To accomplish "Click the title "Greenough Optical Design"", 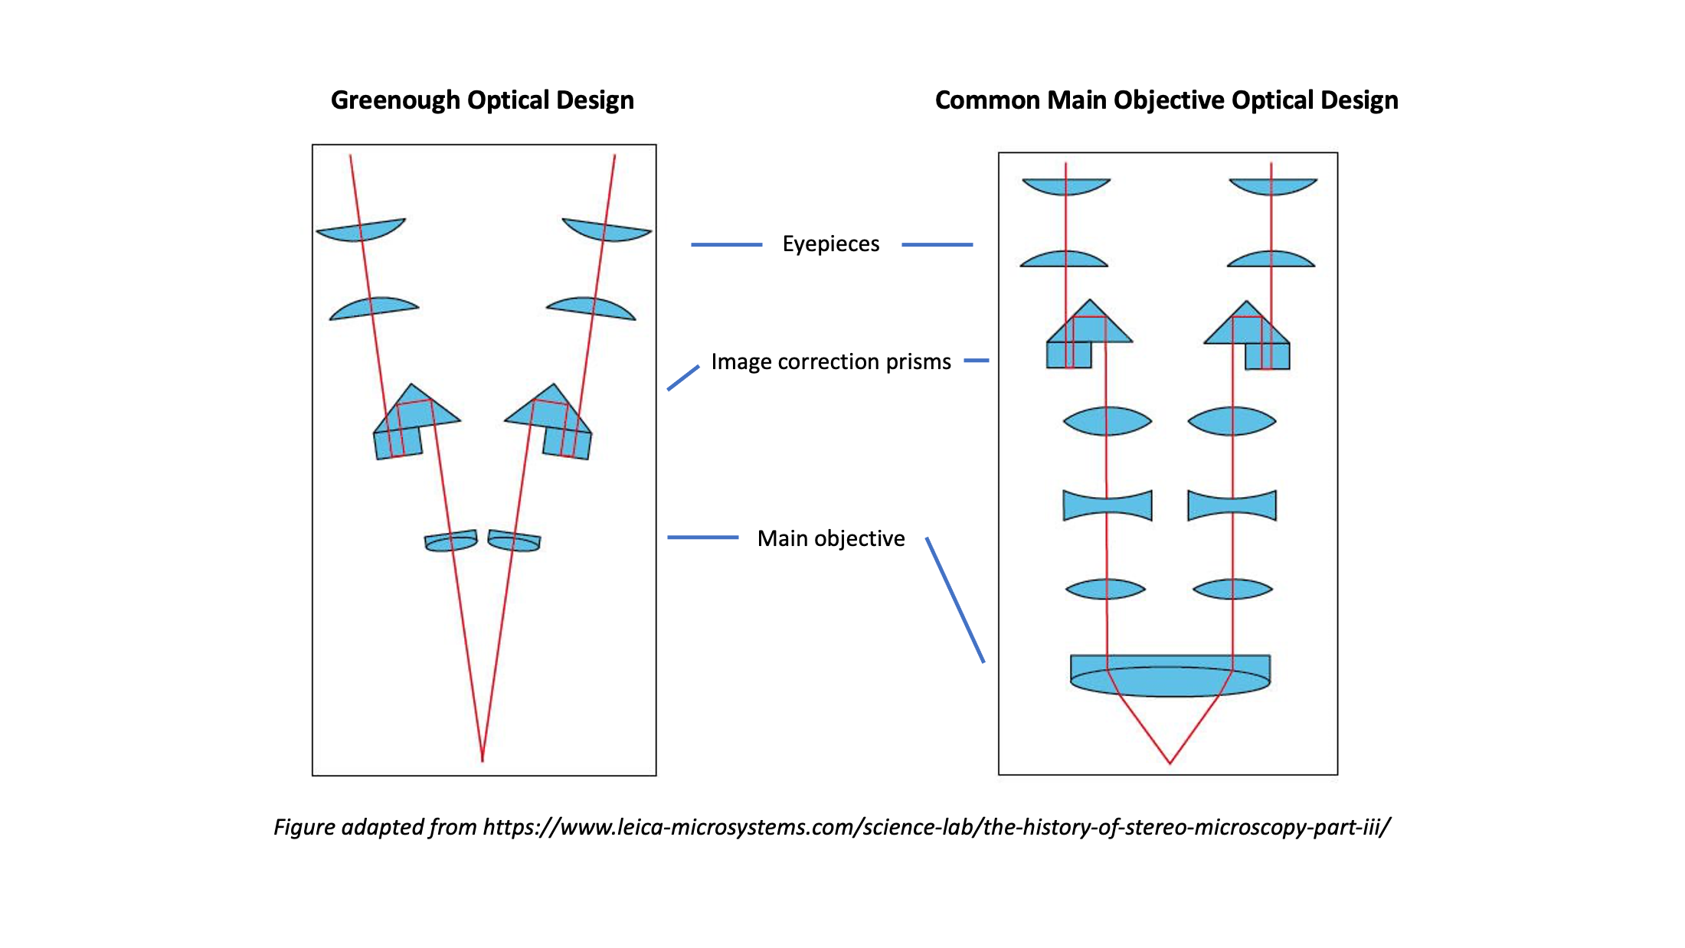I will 482,100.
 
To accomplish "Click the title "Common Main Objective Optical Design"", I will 1166,100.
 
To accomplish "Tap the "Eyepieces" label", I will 831,244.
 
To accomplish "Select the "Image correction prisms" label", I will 831,361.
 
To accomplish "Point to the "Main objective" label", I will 831,538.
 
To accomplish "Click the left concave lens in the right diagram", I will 1108,505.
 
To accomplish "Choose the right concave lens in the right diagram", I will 1232,505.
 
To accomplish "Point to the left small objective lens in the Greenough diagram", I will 451,541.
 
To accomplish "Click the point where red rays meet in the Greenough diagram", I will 483,760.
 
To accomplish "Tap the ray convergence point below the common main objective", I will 1170,763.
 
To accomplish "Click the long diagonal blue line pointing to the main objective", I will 955,600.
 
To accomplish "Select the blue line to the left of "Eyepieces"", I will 726,244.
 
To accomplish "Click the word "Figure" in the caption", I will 304,827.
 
